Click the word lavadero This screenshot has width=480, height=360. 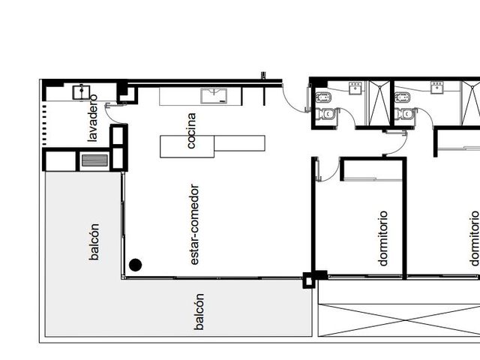93,118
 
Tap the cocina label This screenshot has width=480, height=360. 191,130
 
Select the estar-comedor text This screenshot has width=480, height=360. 194,224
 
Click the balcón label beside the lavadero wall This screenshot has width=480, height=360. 94,241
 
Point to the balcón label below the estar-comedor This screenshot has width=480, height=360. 199,312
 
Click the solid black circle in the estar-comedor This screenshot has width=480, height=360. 135,265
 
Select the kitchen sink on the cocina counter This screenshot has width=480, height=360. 214,96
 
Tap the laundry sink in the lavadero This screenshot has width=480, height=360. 81,92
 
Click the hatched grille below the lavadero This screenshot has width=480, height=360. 94,160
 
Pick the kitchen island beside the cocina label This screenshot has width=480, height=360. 212,146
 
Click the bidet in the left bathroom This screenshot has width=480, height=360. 322,98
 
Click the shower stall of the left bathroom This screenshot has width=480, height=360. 379,103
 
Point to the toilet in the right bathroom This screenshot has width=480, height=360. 406,114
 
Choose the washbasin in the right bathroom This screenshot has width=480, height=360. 436,87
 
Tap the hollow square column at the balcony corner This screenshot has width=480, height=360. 307,280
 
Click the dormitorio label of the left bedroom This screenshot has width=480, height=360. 383,238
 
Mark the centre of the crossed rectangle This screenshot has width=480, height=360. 399,320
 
